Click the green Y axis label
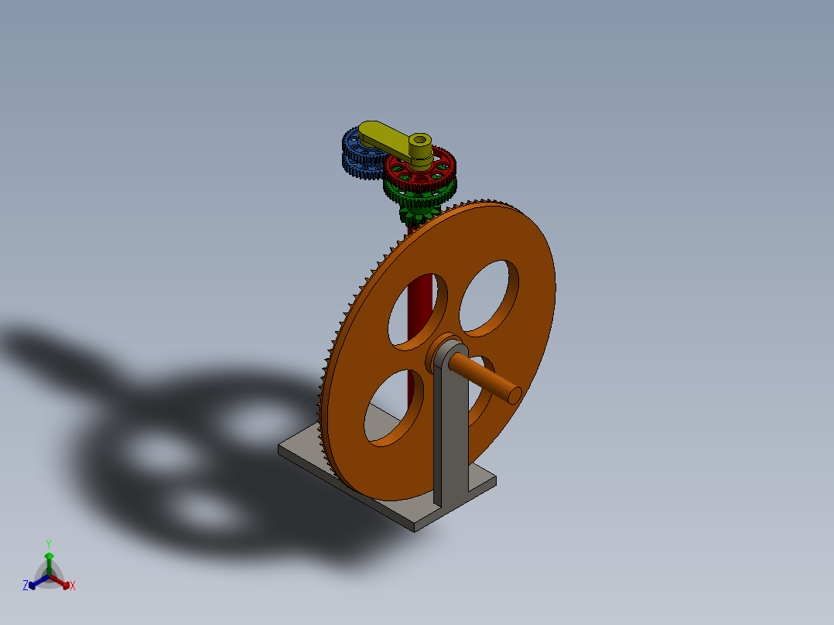(x=48, y=544)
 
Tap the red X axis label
(x=73, y=586)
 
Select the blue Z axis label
(x=26, y=586)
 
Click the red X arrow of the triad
(x=63, y=582)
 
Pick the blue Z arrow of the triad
(x=35, y=582)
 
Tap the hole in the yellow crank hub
(x=419, y=141)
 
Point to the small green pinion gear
(x=418, y=209)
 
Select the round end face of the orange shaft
(x=512, y=394)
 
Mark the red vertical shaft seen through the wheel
(x=419, y=309)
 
